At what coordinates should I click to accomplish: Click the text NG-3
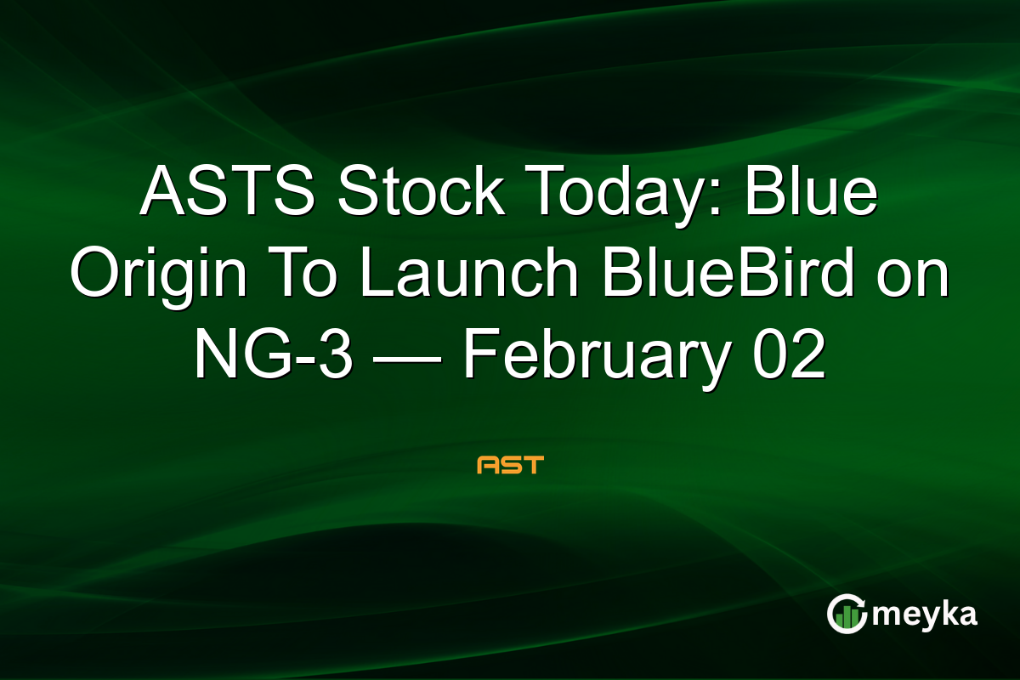pyautogui.click(x=271, y=357)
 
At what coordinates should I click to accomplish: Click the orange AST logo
pyautogui.click(x=510, y=465)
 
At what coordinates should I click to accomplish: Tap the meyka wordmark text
pyautogui.click(x=931, y=615)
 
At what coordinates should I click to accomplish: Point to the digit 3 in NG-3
pyautogui.click(x=335, y=357)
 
